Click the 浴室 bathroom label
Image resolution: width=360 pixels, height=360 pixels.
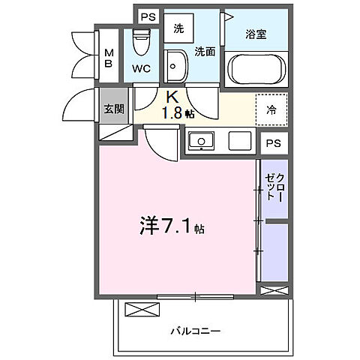[256, 34]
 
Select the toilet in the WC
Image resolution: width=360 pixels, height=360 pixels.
[141, 40]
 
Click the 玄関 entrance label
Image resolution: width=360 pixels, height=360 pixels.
[114, 108]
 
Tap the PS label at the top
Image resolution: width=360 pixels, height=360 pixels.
[148, 17]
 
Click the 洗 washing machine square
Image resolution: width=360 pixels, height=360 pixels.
[178, 29]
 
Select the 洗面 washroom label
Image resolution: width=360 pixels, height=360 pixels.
[205, 51]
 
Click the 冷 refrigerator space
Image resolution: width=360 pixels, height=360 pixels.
[271, 109]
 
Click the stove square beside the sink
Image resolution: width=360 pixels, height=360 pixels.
[239, 141]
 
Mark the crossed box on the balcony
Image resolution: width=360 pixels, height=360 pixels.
[137, 309]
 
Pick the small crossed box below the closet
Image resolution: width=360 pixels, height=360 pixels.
[272, 289]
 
